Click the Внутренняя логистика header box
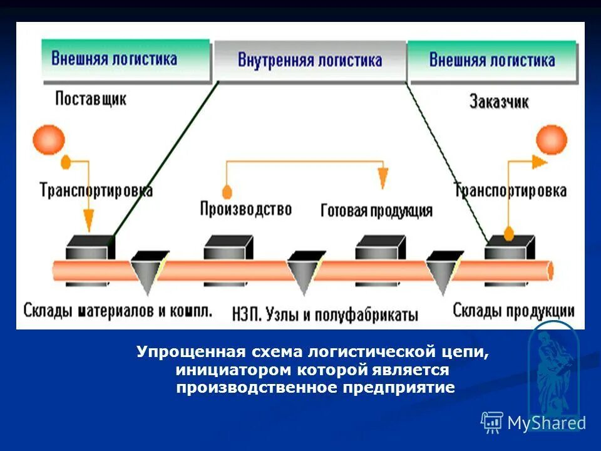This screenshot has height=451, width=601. [x=310, y=61]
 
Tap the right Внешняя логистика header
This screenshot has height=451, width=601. [x=492, y=60]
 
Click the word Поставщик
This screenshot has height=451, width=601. [x=91, y=99]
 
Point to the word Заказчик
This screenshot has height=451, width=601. [x=499, y=101]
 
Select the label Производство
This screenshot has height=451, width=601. [x=246, y=209]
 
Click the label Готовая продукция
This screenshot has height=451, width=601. [x=376, y=210]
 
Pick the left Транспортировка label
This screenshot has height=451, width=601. [x=96, y=189]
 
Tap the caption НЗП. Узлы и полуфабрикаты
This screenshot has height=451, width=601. [x=325, y=313]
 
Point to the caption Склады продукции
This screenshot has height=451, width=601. [x=513, y=310]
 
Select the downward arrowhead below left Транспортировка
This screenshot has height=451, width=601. [x=88, y=221]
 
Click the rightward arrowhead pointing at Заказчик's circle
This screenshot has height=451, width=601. [x=540, y=161]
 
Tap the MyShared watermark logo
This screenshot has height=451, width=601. [x=533, y=423]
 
